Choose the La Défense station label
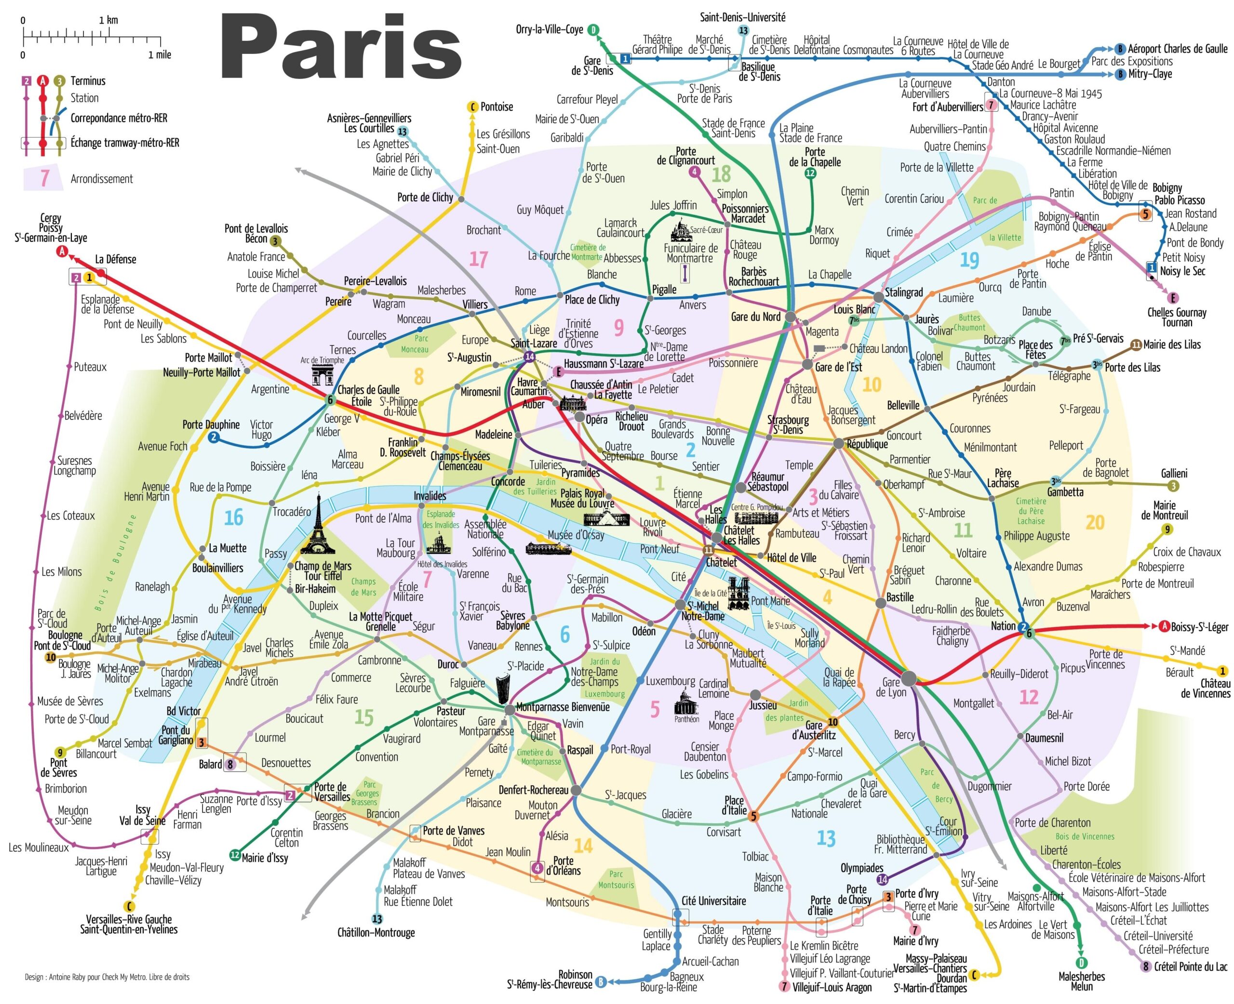pos(116,259)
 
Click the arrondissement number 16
pos(233,517)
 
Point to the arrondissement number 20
pos(1095,522)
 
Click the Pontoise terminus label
pos(496,107)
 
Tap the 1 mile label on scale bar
pos(160,55)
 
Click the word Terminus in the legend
pos(88,81)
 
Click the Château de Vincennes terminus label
pos(1205,688)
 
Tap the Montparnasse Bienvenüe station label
pos(563,707)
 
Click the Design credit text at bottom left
pos(107,977)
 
